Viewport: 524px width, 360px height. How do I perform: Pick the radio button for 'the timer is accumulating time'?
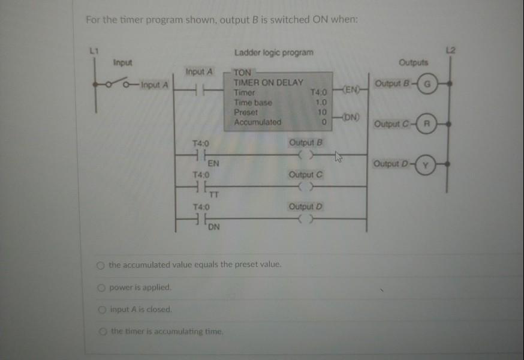[x=103, y=331]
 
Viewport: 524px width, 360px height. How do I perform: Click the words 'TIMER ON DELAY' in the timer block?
[x=268, y=82]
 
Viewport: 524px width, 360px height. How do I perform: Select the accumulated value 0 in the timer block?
[x=323, y=122]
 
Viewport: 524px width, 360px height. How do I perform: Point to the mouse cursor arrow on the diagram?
[x=339, y=158]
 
